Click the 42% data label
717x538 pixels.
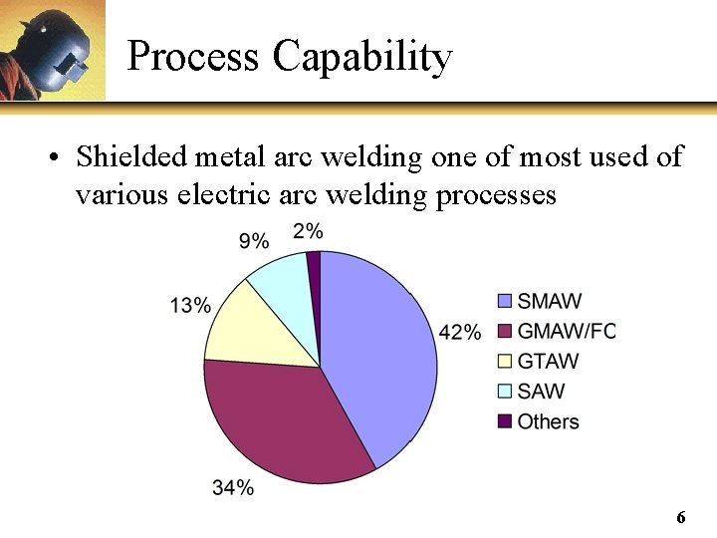[x=459, y=332]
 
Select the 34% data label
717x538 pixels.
[x=232, y=487]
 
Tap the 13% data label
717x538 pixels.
[x=190, y=305]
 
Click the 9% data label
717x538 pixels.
[x=254, y=241]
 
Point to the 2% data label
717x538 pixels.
[x=308, y=231]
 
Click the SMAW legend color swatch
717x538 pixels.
[x=504, y=301]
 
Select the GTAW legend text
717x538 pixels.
[x=548, y=361]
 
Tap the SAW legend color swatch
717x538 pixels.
[x=504, y=391]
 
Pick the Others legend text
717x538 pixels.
[x=548, y=421]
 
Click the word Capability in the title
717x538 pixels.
[x=362, y=57]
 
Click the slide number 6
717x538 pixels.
[x=681, y=517]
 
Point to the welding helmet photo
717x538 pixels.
[x=52, y=50]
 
